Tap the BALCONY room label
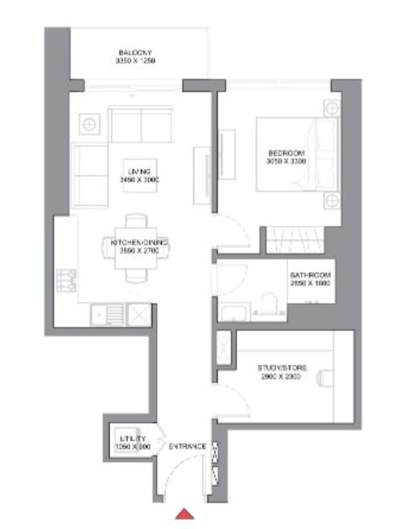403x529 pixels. click(136, 52)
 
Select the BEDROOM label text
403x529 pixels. click(287, 153)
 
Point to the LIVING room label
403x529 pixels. click(140, 172)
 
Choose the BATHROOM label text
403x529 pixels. click(311, 276)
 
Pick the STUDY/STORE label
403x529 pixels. click(282, 368)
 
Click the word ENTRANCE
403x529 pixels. click(187, 447)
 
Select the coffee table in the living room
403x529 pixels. click(140, 176)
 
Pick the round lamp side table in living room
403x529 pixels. click(89, 125)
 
